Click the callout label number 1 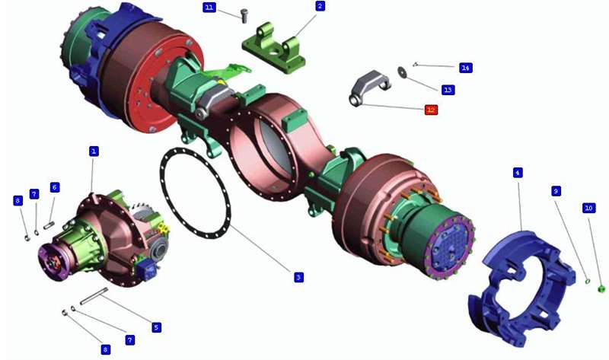click(x=94, y=151)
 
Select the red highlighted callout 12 click(x=431, y=110)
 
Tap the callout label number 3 click(x=298, y=277)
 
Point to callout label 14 click(x=465, y=68)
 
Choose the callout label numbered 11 click(x=209, y=8)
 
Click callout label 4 click(x=518, y=173)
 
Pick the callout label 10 click(x=588, y=208)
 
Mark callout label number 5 click(x=156, y=327)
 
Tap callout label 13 click(x=448, y=90)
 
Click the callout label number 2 click(x=320, y=6)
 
